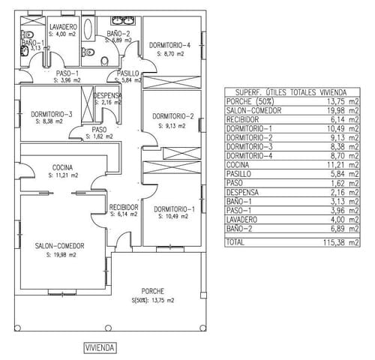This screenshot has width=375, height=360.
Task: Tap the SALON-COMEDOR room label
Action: [58, 245]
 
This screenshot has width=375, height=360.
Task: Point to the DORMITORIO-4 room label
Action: [169, 45]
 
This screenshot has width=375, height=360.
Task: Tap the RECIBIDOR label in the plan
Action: [124, 206]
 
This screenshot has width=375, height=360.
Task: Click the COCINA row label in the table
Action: [238, 163]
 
